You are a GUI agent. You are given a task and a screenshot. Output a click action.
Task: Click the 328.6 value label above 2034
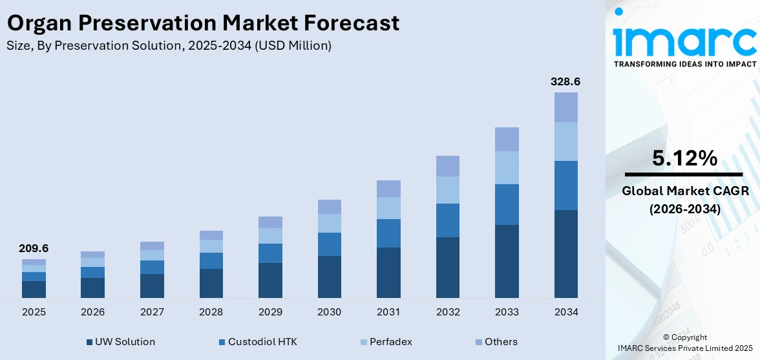565,82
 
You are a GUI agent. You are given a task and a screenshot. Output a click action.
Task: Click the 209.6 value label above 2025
34,248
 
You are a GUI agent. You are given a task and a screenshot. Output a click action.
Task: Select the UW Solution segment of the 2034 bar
566,253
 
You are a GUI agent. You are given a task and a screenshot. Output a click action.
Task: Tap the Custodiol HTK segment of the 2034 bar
566,185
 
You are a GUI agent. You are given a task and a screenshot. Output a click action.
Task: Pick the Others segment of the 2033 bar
507,139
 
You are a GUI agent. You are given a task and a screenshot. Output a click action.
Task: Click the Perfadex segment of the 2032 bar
448,190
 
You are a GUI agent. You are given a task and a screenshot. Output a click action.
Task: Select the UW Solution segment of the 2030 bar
329,277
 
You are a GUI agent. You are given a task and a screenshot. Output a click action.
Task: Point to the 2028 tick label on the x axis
211,312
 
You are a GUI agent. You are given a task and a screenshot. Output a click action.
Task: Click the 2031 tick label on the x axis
388,312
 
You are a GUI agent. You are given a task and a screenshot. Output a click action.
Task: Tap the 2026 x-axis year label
93,312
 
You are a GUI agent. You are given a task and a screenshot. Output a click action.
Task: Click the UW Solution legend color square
89,342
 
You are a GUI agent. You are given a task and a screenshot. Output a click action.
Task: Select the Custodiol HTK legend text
262,342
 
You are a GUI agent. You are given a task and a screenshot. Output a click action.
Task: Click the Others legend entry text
501,342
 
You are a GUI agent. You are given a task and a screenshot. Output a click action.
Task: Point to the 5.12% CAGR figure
684,158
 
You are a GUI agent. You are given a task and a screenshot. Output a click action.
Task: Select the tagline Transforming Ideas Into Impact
684,64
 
